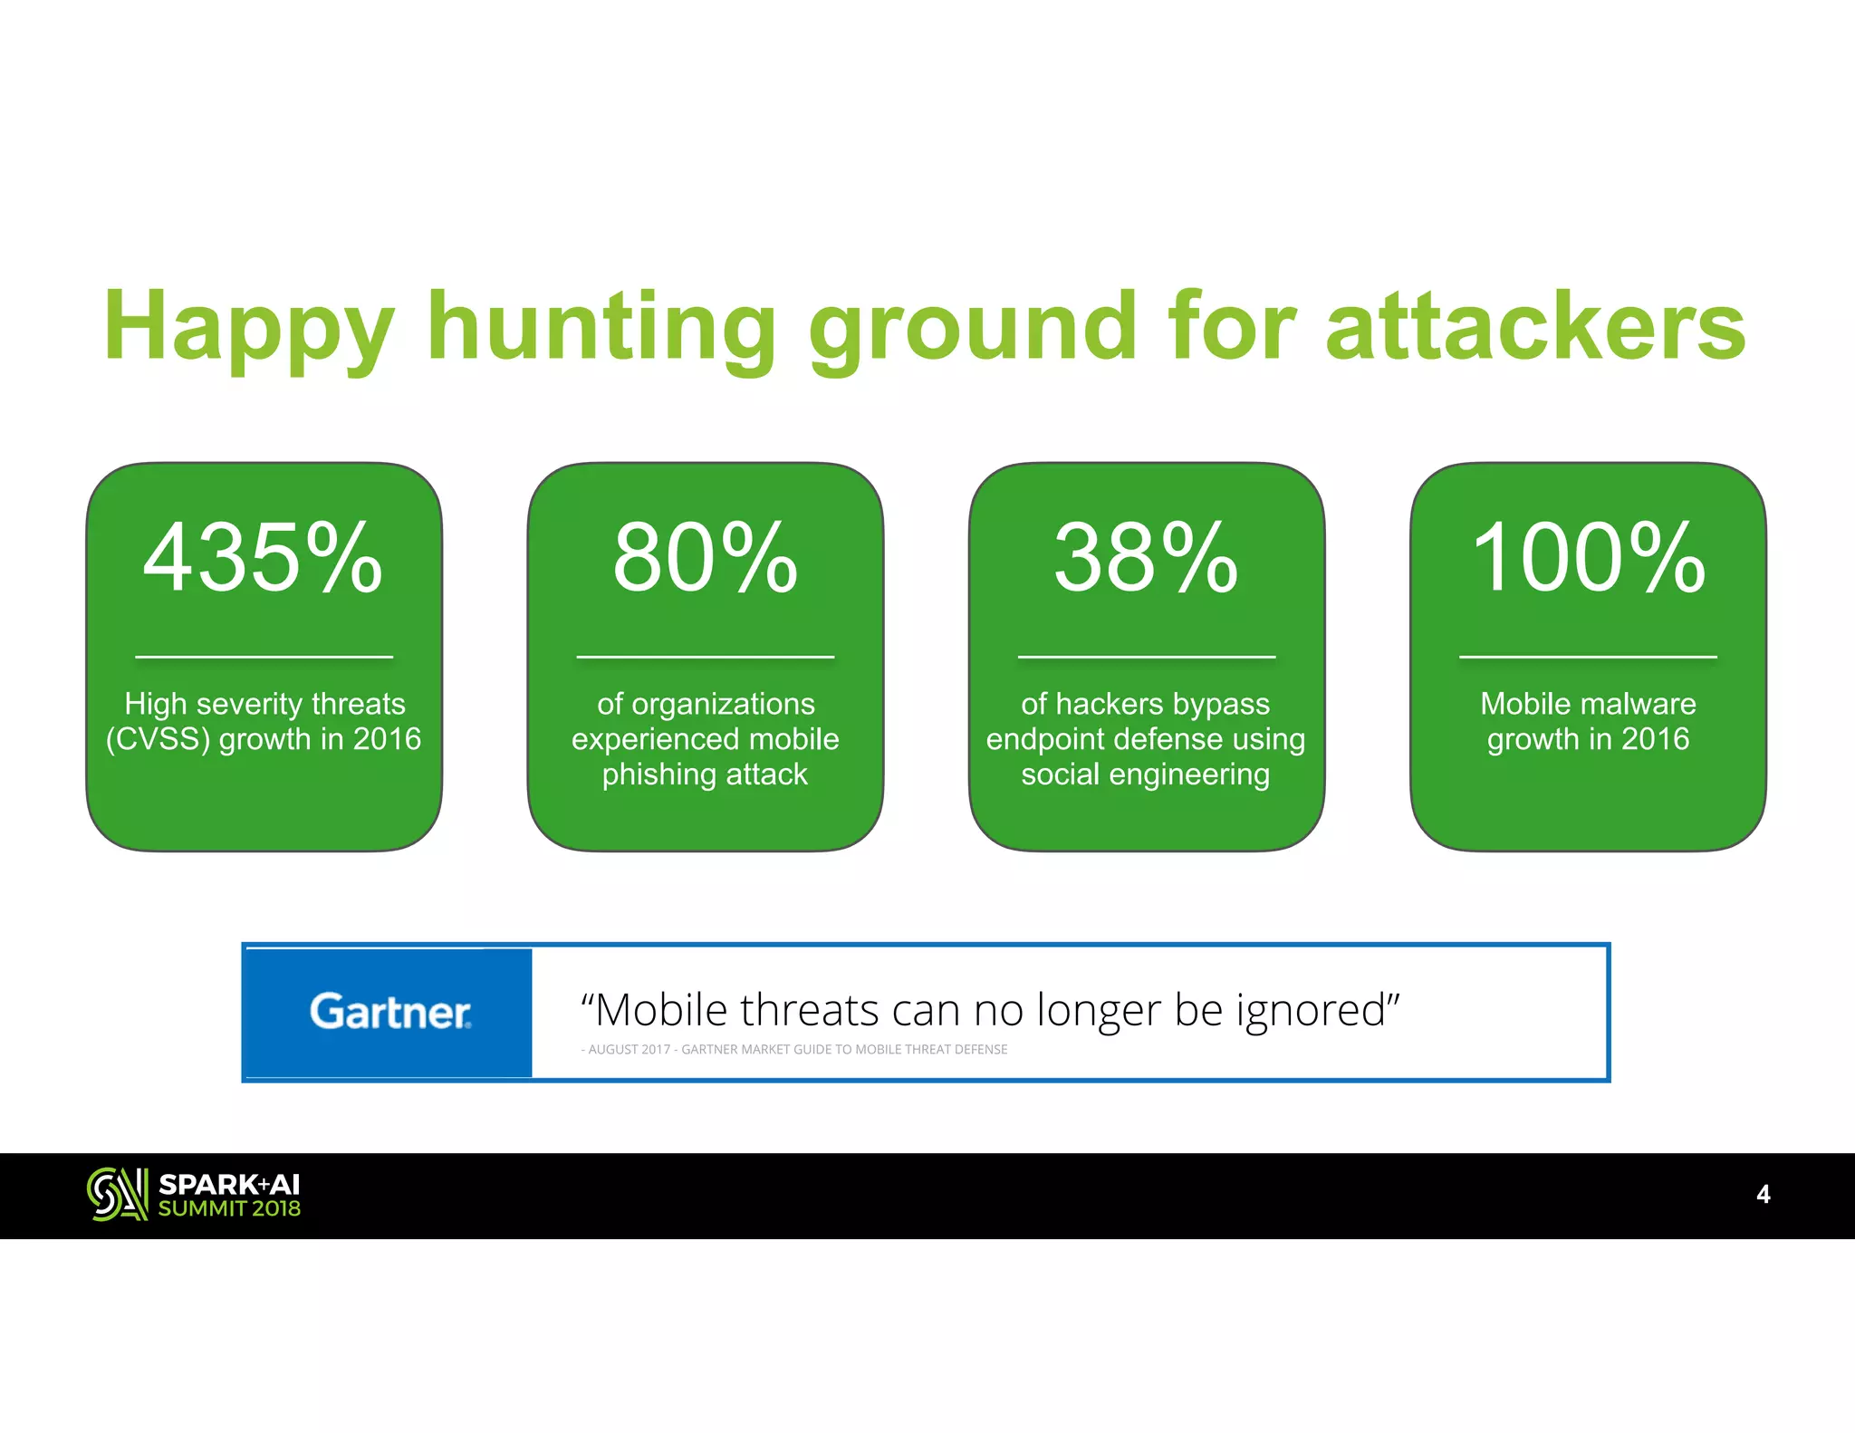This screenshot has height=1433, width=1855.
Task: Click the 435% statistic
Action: (263, 559)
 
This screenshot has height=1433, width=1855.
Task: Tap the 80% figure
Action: (705, 559)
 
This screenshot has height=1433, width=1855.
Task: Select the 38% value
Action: (1146, 559)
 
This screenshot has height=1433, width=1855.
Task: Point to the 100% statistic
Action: (1588, 559)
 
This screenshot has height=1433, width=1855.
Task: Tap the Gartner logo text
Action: (389, 1012)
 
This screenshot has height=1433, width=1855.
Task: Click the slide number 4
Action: (1763, 1194)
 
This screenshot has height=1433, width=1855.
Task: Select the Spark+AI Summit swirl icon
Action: (117, 1194)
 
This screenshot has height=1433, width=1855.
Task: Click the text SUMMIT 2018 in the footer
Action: (229, 1208)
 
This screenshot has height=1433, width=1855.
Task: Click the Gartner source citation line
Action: (794, 1049)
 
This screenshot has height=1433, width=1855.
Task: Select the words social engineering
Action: (1145, 774)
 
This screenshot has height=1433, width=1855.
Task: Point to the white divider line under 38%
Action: (1146, 657)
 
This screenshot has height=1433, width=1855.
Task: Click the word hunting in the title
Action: (601, 328)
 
